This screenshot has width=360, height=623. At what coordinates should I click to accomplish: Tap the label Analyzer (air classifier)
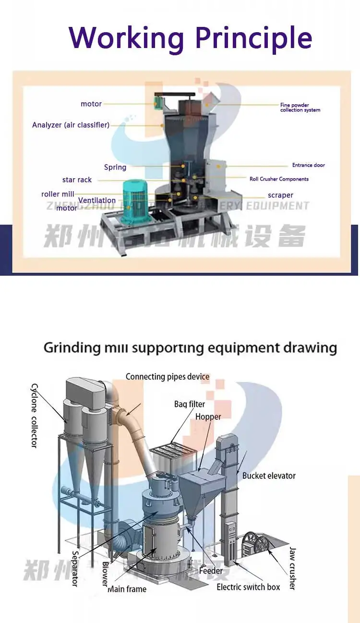click(71, 125)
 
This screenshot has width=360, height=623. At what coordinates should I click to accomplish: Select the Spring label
click(115, 167)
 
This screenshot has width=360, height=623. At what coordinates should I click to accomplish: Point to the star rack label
click(77, 180)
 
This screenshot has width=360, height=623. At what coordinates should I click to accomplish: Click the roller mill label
click(58, 194)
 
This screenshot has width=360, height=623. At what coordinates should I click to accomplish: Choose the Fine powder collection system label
click(300, 108)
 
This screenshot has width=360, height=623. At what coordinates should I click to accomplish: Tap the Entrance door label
click(308, 165)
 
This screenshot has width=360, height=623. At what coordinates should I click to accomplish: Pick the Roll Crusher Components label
click(279, 179)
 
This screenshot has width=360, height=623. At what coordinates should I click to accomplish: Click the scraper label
click(280, 195)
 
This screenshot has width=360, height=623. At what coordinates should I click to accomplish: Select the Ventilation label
click(97, 200)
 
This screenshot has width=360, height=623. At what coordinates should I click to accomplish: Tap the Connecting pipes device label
click(168, 377)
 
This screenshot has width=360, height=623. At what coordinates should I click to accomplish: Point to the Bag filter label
click(190, 404)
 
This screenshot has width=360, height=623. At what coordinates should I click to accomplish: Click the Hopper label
click(208, 416)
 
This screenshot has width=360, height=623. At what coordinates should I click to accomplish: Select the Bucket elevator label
click(269, 476)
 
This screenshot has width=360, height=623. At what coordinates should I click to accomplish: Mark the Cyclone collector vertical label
click(34, 415)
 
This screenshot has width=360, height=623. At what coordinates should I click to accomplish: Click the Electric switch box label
click(248, 587)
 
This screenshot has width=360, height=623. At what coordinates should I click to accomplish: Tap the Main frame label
click(127, 589)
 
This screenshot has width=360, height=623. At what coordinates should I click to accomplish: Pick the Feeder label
click(211, 571)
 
